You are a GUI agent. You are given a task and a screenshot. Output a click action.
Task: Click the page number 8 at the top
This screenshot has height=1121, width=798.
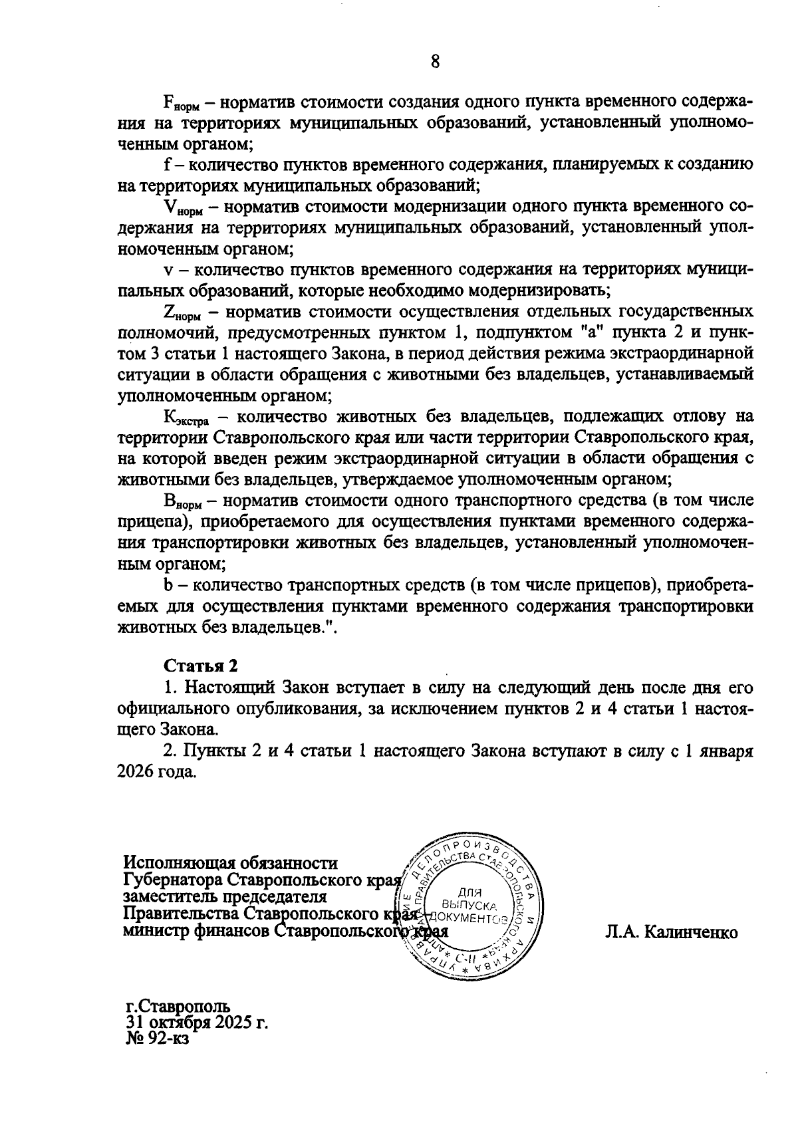[x=435, y=62]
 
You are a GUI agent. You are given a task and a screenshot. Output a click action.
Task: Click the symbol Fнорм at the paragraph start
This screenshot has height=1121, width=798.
[x=178, y=105]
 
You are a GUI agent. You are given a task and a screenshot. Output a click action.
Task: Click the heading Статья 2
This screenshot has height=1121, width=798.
[x=200, y=666]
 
